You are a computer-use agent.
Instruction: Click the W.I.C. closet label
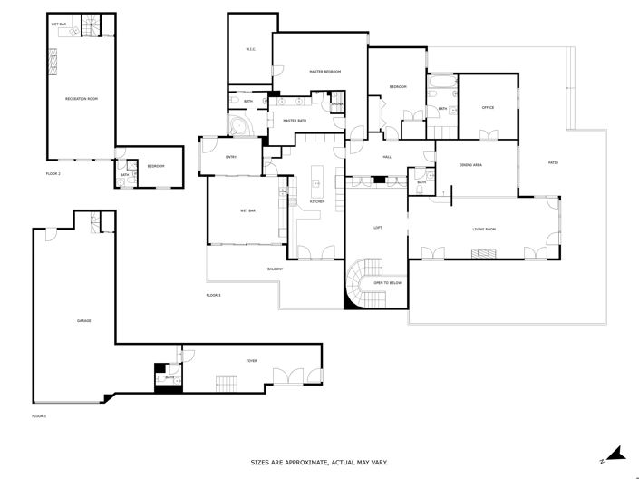tap(251, 49)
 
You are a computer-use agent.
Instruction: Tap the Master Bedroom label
tap(324, 71)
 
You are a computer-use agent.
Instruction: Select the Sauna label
tap(335, 105)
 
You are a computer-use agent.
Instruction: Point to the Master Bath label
tap(295, 121)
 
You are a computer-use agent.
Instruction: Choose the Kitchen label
tap(317, 201)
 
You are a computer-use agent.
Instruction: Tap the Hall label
tap(387, 158)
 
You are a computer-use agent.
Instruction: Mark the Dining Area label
tap(470, 165)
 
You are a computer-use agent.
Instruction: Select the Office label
tap(488, 108)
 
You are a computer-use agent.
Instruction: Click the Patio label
tap(553, 163)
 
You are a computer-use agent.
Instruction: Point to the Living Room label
tap(484, 230)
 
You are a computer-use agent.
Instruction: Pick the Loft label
tap(377, 229)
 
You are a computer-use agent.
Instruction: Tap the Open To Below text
tap(387, 283)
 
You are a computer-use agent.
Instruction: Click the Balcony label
tap(276, 269)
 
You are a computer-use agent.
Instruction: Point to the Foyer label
tap(251, 361)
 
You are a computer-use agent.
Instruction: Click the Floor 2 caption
tap(53, 173)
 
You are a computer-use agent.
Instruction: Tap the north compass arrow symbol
tap(612, 453)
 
